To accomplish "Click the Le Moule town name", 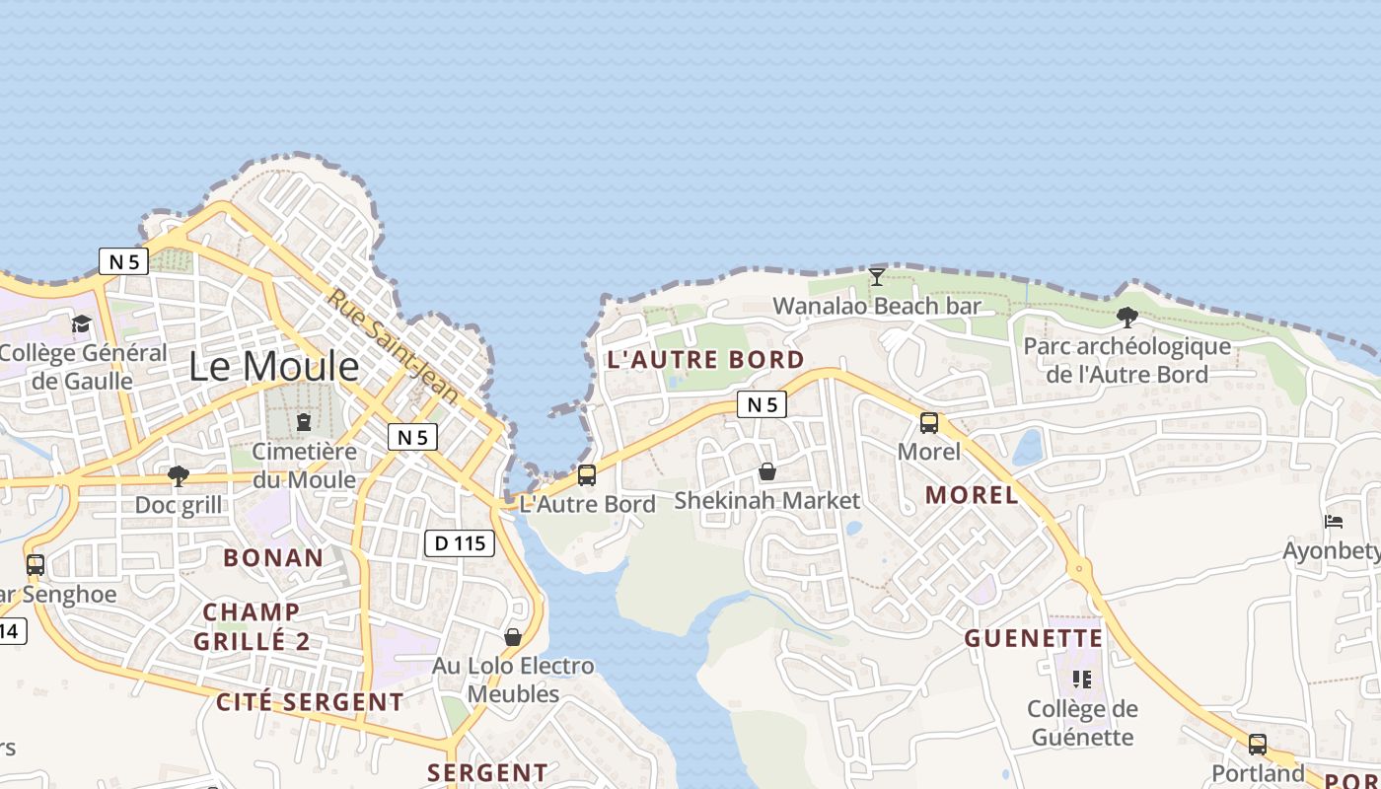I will point(274,367).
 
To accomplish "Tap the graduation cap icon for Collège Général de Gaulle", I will point(81,323).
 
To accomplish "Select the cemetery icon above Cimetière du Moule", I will point(303,423).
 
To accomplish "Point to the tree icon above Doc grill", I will point(179,476).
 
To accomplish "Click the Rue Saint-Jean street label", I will point(394,346).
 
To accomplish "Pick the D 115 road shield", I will point(460,542).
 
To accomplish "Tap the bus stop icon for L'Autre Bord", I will point(587,475).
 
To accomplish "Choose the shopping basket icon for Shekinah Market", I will point(767,472).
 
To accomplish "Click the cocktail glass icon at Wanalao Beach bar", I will point(876,277).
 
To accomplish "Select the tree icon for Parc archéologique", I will point(1127,318).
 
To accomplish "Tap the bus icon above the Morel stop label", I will point(929,423).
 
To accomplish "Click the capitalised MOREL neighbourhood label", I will point(973,495).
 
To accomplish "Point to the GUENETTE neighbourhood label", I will point(1033,639).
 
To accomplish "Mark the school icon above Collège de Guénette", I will point(1082,680).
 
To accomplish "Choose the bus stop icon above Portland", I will point(1258,745).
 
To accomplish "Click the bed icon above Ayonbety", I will point(1334,522).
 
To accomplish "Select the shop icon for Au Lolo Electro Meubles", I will point(513,637).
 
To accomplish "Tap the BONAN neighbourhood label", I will point(273,558).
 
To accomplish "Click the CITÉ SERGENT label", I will point(310,702).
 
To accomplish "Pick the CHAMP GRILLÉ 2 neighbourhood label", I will point(252,626).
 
